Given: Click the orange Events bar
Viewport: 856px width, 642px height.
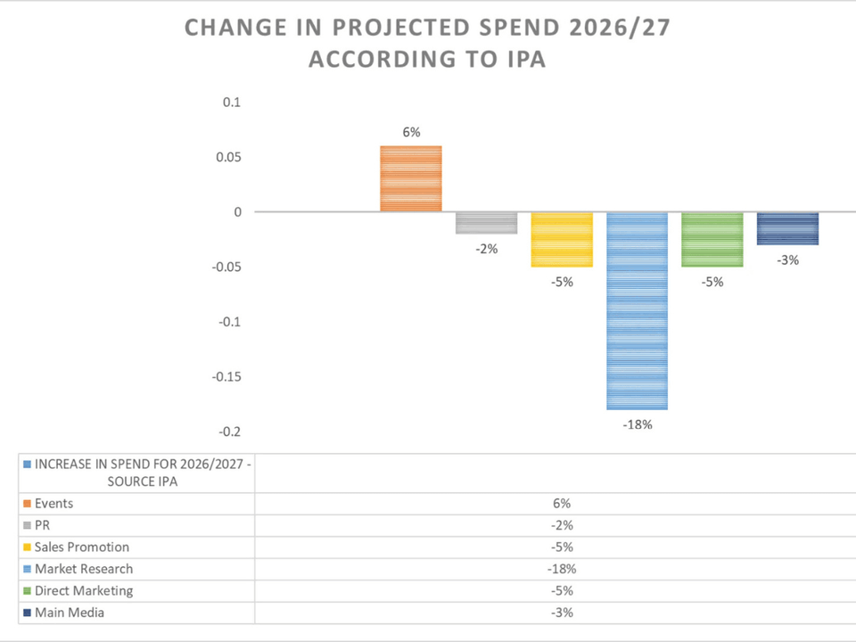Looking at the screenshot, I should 411,178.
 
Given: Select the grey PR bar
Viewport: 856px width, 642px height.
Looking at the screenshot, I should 486,223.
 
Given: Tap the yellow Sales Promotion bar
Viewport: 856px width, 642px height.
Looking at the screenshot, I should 562,239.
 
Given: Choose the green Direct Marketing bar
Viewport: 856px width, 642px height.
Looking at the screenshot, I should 712,239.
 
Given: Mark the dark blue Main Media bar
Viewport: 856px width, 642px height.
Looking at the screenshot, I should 787,228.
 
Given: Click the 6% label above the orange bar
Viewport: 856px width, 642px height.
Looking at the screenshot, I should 411,132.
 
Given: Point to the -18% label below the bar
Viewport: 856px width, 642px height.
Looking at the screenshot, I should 637,424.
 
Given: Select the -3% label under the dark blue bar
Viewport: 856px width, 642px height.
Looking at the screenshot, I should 787,260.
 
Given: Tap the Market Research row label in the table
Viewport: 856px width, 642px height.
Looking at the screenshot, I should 83,569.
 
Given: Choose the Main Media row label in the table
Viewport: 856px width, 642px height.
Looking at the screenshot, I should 70,613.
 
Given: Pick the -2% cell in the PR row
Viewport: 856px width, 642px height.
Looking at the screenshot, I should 562,525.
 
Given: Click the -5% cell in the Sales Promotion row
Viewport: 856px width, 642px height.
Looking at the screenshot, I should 562,547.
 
